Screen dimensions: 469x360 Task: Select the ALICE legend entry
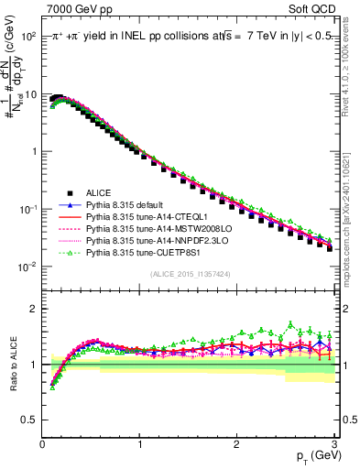click(99, 192)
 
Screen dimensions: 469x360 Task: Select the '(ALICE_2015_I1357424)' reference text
click(190, 274)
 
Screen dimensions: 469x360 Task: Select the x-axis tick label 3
click(333, 444)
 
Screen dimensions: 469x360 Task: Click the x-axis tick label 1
click(139, 444)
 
